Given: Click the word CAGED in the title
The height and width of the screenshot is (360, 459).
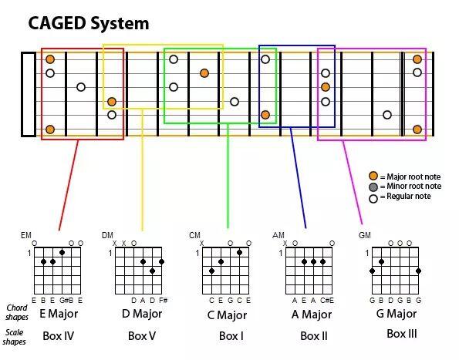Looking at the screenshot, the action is point(57,23).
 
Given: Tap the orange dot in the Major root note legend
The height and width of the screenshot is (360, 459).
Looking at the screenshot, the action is point(373,176).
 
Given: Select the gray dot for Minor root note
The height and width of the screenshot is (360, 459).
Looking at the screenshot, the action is point(373,187).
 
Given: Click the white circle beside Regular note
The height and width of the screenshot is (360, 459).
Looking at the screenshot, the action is point(373,199).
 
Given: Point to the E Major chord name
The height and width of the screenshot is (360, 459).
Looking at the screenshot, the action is point(59,314).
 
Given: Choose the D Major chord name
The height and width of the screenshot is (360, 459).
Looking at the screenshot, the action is point(142,314).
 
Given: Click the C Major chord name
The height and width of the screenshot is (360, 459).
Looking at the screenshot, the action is point(227,315).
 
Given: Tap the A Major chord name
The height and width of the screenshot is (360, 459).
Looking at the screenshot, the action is point(312,315).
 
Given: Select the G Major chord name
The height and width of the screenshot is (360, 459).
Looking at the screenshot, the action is point(397,314).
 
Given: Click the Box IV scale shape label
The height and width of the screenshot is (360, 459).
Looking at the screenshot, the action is point(59,336).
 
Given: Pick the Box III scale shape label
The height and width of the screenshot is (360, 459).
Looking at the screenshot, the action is point(402,334).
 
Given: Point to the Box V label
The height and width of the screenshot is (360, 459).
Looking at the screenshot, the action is point(142,336).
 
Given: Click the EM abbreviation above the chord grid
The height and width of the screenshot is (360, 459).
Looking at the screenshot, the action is point(26,235).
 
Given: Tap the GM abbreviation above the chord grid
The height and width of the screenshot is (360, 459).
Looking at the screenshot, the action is point(364,235).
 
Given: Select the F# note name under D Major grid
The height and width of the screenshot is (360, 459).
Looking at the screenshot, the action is point(163,301).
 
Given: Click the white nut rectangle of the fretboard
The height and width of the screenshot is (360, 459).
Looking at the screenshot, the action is point(29,95).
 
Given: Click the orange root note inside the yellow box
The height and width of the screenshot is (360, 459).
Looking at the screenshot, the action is point(112,102).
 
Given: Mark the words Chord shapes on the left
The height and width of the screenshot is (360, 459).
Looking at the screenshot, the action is point(17,312).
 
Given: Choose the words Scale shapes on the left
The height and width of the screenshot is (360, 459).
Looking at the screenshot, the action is point(15,337).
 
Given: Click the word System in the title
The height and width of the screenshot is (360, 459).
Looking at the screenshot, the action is point(120,23).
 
